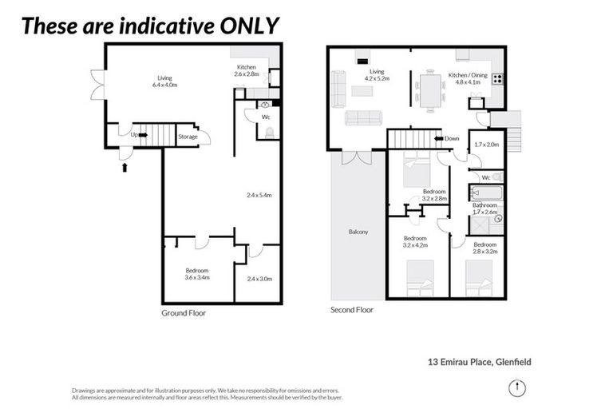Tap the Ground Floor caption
click(x=184, y=313)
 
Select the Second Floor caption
click(x=352, y=309)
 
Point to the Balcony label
click(x=358, y=232)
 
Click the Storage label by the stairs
click(x=188, y=136)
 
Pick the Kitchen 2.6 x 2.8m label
click(x=247, y=69)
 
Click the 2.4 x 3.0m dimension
click(x=259, y=279)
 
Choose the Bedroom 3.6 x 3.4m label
click(x=196, y=274)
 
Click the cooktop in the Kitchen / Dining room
click(x=498, y=78)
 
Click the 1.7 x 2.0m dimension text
click(x=485, y=145)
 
